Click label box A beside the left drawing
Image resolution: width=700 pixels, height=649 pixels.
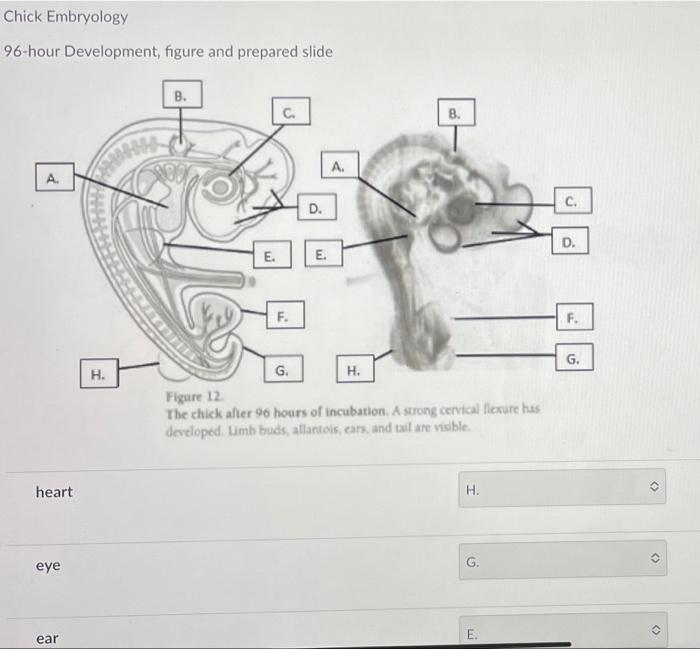[x=54, y=177]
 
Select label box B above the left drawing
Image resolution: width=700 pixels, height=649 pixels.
[x=182, y=94]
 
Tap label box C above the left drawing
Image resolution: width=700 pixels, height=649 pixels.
[x=291, y=111]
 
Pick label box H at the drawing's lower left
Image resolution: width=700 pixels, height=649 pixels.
[x=99, y=373]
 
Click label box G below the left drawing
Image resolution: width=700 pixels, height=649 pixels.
[x=283, y=369]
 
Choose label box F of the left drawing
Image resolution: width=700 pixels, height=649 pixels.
[x=285, y=315]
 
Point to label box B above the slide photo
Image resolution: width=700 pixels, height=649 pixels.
[x=455, y=112]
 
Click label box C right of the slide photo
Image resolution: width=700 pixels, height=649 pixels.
[x=573, y=200]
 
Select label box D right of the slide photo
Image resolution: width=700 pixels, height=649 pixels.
[x=570, y=241]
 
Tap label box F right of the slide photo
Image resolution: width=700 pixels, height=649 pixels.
[x=575, y=317]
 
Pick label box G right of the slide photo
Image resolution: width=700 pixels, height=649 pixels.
[x=574, y=357]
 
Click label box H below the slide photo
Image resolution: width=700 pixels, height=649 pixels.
[x=355, y=369]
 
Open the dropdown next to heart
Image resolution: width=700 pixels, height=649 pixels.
[x=562, y=488]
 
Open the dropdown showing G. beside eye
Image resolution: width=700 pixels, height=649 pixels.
[x=562, y=560]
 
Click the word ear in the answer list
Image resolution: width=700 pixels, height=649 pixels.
[x=47, y=638]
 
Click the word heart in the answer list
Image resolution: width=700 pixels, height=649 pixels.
[x=54, y=492]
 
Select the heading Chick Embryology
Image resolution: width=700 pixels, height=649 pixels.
[x=66, y=17]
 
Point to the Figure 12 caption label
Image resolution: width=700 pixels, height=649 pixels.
[x=194, y=396]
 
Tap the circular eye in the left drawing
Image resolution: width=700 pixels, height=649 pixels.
[x=220, y=187]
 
